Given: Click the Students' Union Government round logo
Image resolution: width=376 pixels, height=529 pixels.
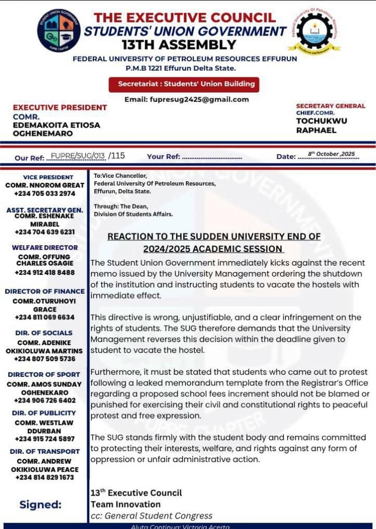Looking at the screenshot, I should (59, 30).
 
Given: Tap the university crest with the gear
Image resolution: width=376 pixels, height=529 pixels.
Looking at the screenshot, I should (314, 30).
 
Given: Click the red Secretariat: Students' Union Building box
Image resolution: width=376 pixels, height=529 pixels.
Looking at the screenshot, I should (184, 84).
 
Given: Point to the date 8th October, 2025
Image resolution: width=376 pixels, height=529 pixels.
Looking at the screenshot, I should (331, 154).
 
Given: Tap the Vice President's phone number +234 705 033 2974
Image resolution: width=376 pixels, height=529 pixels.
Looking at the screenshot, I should (45, 193).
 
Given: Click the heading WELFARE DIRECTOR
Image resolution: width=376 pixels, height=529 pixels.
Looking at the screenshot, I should (45, 247).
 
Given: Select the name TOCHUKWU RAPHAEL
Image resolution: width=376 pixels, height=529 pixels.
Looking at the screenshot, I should (321, 125).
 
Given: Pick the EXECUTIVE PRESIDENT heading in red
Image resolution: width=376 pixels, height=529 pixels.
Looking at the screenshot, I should (60, 107).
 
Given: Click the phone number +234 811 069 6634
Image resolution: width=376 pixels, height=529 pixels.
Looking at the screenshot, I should (45, 317).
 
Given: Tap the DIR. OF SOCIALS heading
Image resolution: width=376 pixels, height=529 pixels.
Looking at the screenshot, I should (45, 332).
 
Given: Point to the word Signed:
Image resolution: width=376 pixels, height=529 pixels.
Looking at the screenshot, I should (40, 504).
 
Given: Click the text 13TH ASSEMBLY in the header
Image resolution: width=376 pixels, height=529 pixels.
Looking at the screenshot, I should (179, 44).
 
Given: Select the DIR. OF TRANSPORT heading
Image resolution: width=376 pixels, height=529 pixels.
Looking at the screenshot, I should (45, 451).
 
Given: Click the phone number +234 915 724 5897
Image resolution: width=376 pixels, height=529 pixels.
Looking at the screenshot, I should (45, 439).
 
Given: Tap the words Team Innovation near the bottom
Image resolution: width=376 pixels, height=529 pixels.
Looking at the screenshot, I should (125, 504).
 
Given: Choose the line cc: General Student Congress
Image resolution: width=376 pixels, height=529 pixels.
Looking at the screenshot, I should (151, 516).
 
